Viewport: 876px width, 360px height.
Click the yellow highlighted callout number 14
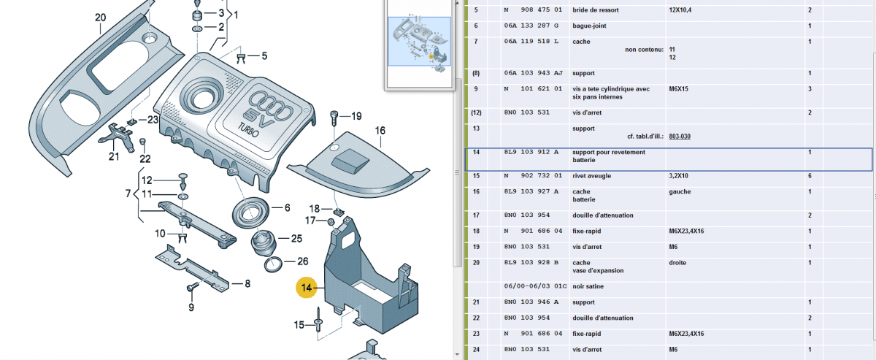point(307,288)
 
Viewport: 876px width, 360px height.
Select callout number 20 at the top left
point(100,18)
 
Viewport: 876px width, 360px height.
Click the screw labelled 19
point(335,116)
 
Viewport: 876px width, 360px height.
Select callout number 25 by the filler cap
point(296,239)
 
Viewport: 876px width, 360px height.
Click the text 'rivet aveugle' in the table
point(592,176)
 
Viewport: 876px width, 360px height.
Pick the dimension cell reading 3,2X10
point(681,176)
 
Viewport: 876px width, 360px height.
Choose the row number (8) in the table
point(476,73)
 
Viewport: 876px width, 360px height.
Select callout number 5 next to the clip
point(264,55)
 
